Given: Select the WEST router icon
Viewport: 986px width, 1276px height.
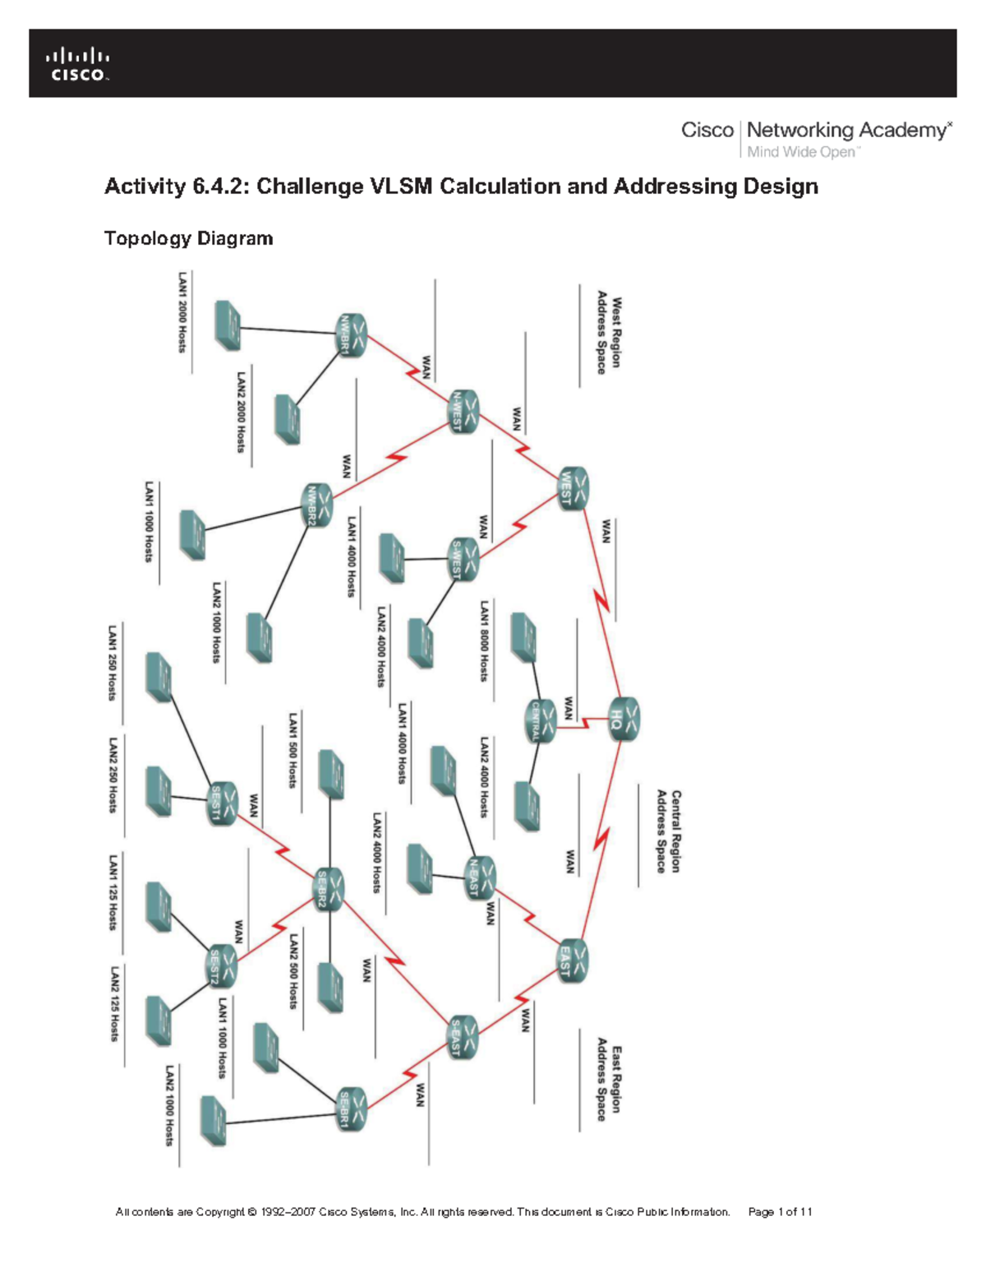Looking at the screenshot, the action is click(x=574, y=488).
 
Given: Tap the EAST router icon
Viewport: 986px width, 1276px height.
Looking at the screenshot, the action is click(x=574, y=961).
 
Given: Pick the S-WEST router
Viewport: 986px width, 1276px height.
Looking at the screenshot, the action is click(x=464, y=560).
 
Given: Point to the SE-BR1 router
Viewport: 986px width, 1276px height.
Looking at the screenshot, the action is click(x=352, y=1109).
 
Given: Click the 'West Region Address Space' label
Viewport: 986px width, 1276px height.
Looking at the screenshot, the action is click(x=609, y=332).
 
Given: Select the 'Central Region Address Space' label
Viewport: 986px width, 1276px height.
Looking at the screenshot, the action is click(x=668, y=831).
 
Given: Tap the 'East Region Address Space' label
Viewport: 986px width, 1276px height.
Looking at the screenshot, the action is click(x=609, y=1083).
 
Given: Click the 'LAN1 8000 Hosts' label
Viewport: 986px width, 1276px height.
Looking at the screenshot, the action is click(x=485, y=641).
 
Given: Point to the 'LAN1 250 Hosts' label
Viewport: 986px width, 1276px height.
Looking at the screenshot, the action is click(x=113, y=662).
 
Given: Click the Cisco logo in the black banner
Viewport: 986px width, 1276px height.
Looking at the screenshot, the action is click(x=78, y=64).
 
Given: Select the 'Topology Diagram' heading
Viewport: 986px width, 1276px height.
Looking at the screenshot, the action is click(x=188, y=238).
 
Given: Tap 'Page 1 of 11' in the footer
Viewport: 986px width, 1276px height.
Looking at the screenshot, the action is click(x=780, y=1212).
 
